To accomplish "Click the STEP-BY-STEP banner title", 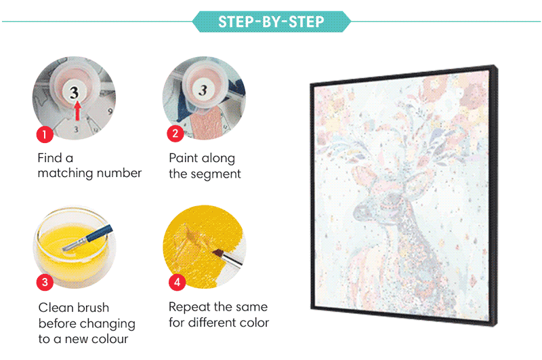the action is [272, 22].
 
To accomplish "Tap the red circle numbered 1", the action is [45, 134].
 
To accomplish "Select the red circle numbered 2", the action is [175, 134].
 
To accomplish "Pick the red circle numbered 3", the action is [45, 282].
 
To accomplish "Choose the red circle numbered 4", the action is [177, 282].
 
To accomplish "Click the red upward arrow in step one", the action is [78, 111].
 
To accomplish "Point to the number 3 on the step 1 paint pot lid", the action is [75, 92].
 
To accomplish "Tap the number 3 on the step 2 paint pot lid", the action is [203, 90].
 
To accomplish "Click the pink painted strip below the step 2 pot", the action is [206, 123].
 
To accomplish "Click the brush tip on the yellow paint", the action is [217, 253].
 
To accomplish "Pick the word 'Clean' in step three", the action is [56, 307].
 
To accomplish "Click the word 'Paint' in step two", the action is [184, 158].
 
